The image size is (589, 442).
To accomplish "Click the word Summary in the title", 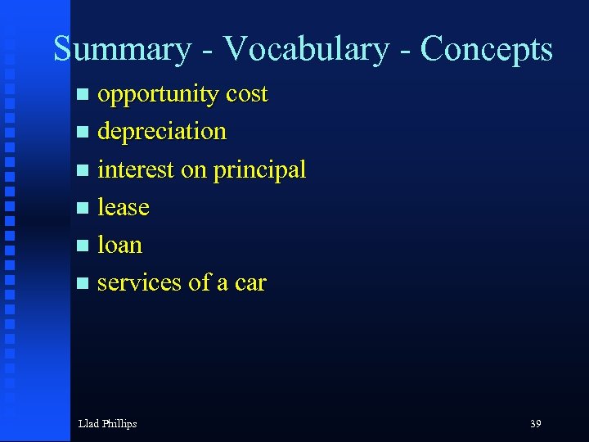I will [121, 49].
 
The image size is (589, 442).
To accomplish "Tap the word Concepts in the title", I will [486, 49].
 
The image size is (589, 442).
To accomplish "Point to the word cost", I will [246, 95].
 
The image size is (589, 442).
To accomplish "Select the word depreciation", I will [161, 132].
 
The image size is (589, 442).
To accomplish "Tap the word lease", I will [123, 207].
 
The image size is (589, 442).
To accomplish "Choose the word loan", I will [119, 245].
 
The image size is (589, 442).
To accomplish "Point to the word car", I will [250, 283].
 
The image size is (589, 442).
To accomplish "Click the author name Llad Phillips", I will [107, 423].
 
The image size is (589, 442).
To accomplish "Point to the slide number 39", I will [535, 423].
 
